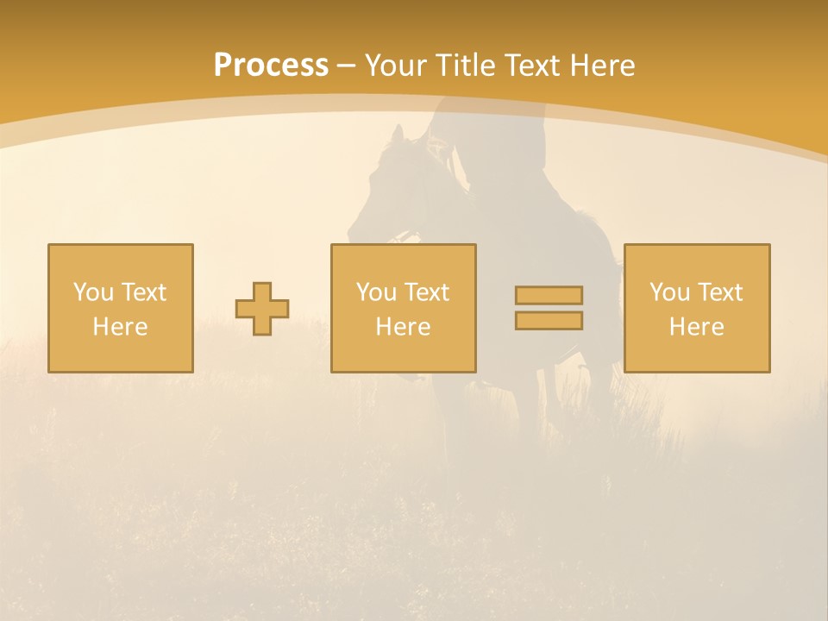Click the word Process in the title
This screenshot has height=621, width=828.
click(x=271, y=66)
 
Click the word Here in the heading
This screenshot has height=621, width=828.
click(x=601, y=66)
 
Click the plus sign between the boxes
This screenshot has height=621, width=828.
click(x=262, y=309)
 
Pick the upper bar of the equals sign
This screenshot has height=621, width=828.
click(x=549, y=295)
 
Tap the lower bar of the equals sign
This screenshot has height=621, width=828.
click(x=549, y=321)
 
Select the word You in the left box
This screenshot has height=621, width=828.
click(x=92, y=292)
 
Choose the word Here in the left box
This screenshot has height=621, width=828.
click(x=121, y=327)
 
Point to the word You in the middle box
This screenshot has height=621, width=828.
click(x=375, y=292)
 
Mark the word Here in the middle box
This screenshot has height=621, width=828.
click(x=404, y=327)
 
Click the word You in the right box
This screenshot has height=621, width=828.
click(x=668, y=292)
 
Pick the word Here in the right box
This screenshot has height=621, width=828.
click(x=697, y=327)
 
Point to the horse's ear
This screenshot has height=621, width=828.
click(x=398, y=135)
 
